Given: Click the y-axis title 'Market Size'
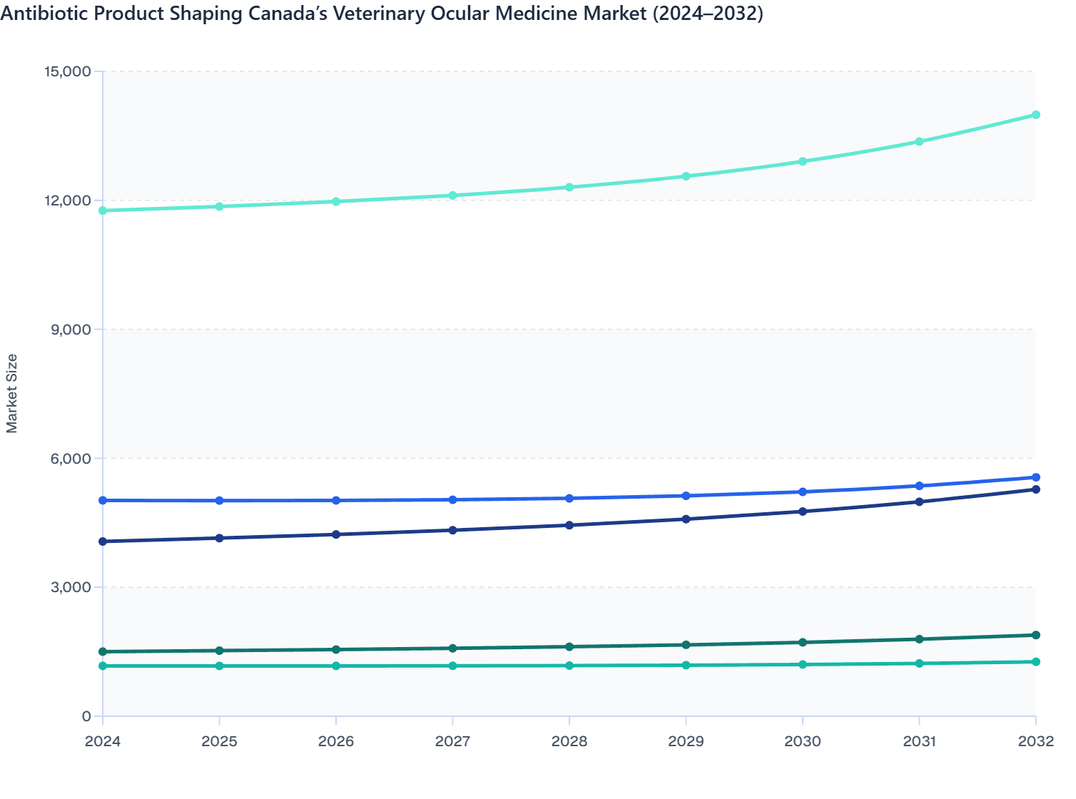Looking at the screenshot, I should click(x=11, y=393).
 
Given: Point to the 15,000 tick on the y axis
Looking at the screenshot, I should click(x=68, y=71).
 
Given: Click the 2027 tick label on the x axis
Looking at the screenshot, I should click(x=452, y=741).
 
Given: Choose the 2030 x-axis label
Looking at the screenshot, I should click(x=803, y=741).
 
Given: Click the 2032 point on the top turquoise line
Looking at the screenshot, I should click(x=1035, y=115).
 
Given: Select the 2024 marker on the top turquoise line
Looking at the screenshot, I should click(x=103, y=210).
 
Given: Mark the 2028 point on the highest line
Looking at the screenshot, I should click(x=569, y=188).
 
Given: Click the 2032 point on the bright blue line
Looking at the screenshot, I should click(x=1035, y=477).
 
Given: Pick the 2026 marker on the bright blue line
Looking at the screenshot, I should click(x=336, y=501).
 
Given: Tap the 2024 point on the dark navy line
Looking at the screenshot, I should click(x=103, y=541).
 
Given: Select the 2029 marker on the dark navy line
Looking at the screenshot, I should click(x=686, y=519).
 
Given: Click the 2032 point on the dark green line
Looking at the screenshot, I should click(x=1035, y=635).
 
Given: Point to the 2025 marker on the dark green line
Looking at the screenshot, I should click(x=220, y=651).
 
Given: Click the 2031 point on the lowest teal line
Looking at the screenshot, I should click(x=919, y=663).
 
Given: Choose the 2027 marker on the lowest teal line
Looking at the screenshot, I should click(x=452, y=666).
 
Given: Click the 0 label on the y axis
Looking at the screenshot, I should click(x=86, y=716).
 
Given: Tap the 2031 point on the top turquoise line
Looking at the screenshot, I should click(x=919, y=141).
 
